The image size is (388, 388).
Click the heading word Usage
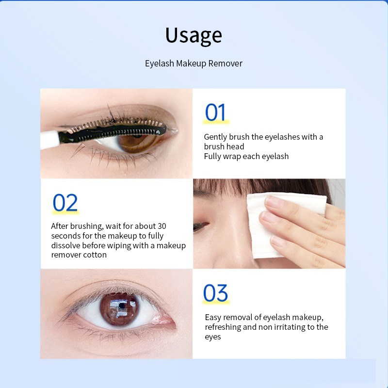tap(194, 36)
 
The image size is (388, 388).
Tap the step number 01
tap(215, 112)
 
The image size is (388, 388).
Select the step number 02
tap(65, 203)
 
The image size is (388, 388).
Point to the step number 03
tap(215, 294)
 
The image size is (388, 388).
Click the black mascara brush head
tap(131, 129)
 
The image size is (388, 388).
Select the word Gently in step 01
tap(216, 137)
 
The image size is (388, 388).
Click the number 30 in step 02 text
tap(162, 226)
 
